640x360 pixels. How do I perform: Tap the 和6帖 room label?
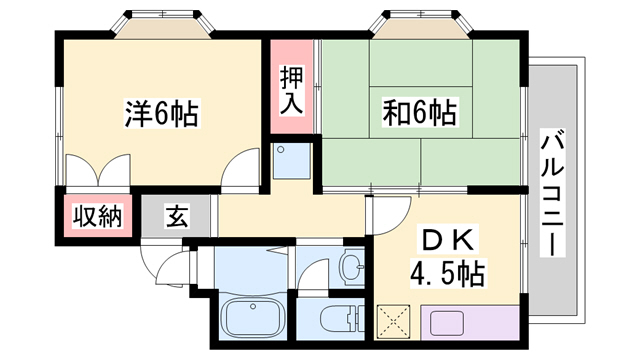tap(419, 111)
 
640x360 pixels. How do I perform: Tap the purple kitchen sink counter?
tap(469, 322)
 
